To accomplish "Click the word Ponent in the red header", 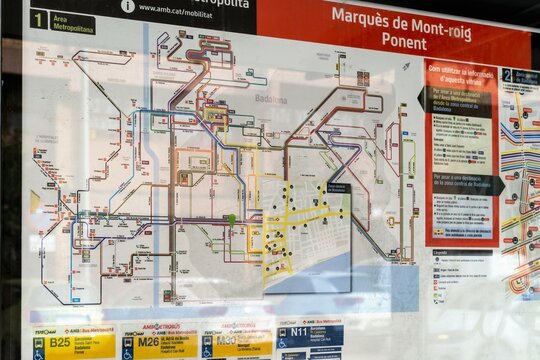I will tap(404, 41).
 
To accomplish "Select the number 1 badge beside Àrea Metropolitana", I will tap(39, 19).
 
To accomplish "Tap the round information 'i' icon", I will tap(128, 6).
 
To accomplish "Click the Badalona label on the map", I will tap(270, 99).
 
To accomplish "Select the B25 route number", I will tap(61, 342).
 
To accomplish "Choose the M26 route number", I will tap(148, 341).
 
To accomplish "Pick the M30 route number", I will tap(227, 340).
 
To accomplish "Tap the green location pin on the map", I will tap(231, 218).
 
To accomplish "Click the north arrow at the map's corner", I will tap(405, 66).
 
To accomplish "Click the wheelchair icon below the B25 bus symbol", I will tap(38, 353).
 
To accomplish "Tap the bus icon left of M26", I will tap(127, 340).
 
